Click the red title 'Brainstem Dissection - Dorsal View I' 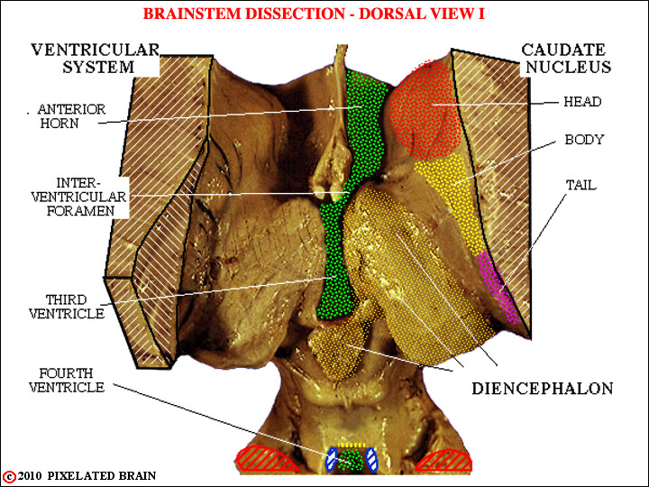coord(314,14)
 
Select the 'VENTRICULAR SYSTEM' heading coord(96,59)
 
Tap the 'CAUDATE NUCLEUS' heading coord(566,59)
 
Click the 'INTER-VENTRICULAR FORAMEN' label coord(78,197)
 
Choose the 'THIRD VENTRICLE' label coord(67,307)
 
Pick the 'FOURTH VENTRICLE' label coord(67,381)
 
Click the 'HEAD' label coord(582,101)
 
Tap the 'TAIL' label coord(581,185)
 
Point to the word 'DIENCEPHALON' coord(543,389)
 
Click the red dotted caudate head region coord(425,111)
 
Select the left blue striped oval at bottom coord(332,459)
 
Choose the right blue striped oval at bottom coord(371,459)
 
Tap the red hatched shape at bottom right coord(445,460)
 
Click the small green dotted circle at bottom coord(352,460)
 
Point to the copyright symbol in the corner coord(9,477)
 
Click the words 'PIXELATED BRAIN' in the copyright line coord(102,476)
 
